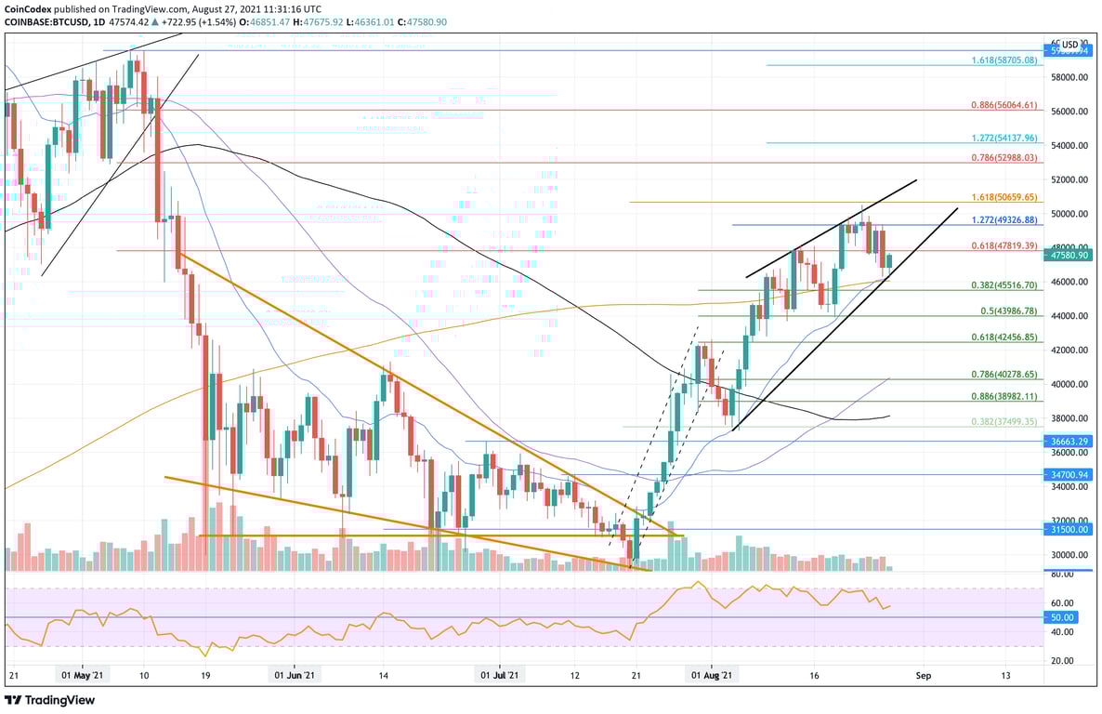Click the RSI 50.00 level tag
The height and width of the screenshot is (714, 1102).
coord(1063,617)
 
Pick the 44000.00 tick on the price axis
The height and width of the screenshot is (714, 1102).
coord(1069,316)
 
